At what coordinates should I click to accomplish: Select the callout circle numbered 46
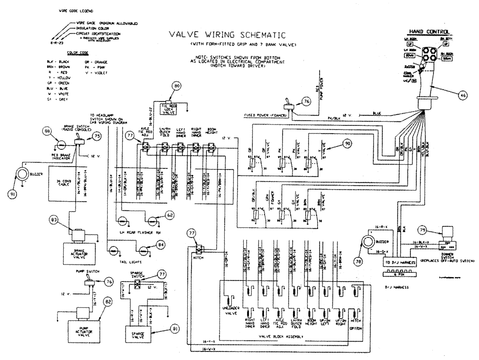point(462,96)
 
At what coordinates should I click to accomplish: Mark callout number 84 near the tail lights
point(162,245)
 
